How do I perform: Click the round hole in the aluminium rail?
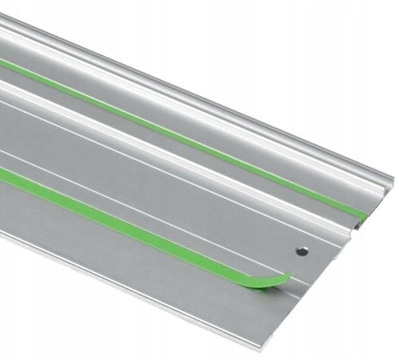(301, 250)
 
